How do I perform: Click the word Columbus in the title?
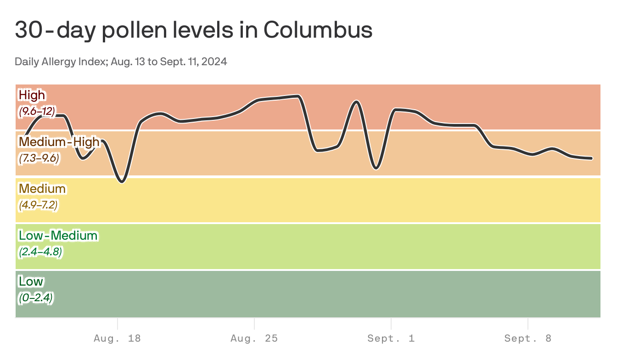318,30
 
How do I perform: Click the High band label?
32,95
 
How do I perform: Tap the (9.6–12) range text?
37,111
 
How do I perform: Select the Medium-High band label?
59,142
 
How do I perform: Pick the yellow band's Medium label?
42,189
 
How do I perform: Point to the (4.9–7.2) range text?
38,205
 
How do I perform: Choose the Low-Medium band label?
58,236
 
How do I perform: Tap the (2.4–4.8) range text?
40,252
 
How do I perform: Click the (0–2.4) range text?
36,298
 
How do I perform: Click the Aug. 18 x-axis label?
117,339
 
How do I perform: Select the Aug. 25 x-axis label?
254,339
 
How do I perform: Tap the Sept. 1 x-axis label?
391,339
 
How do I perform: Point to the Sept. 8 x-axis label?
527,339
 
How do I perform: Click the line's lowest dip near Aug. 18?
122,182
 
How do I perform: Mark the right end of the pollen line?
591,158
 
